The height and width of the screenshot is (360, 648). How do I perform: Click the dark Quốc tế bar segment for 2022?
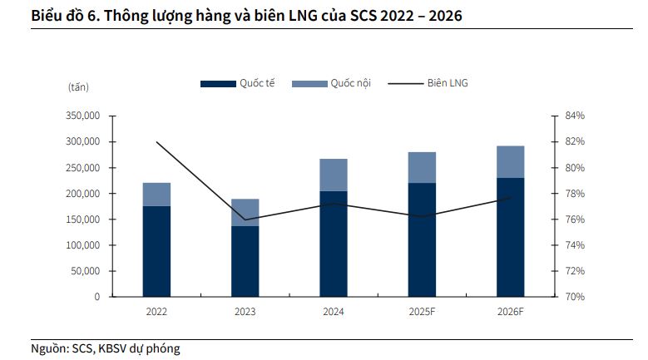(156, 251)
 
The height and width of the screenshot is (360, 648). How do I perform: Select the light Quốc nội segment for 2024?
(334, 175)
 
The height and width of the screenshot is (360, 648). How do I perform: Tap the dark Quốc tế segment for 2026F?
(511, 237)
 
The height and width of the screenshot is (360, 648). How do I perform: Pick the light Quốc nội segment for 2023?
(245, 212)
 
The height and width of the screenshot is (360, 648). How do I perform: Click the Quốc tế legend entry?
(238, 83)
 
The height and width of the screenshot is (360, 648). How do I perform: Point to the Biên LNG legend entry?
(433, 83)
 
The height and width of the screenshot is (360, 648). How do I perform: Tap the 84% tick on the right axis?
(575, 116)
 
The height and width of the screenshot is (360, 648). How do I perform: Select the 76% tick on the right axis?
(575, 219)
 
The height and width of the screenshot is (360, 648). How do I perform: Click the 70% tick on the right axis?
(575, 297)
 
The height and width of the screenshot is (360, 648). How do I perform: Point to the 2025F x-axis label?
(422, 312)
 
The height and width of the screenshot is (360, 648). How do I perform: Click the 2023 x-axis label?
(245, 312)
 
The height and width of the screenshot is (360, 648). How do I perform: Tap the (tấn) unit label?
(78, 86)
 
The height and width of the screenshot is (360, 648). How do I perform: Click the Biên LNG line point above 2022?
(156, 142)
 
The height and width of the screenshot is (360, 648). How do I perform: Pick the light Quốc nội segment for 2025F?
(422, 167)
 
